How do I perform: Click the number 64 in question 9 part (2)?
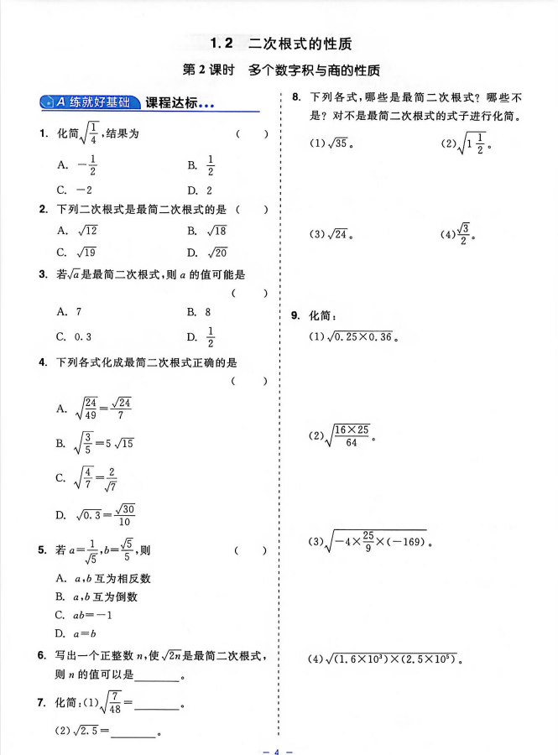pos(351,443)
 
